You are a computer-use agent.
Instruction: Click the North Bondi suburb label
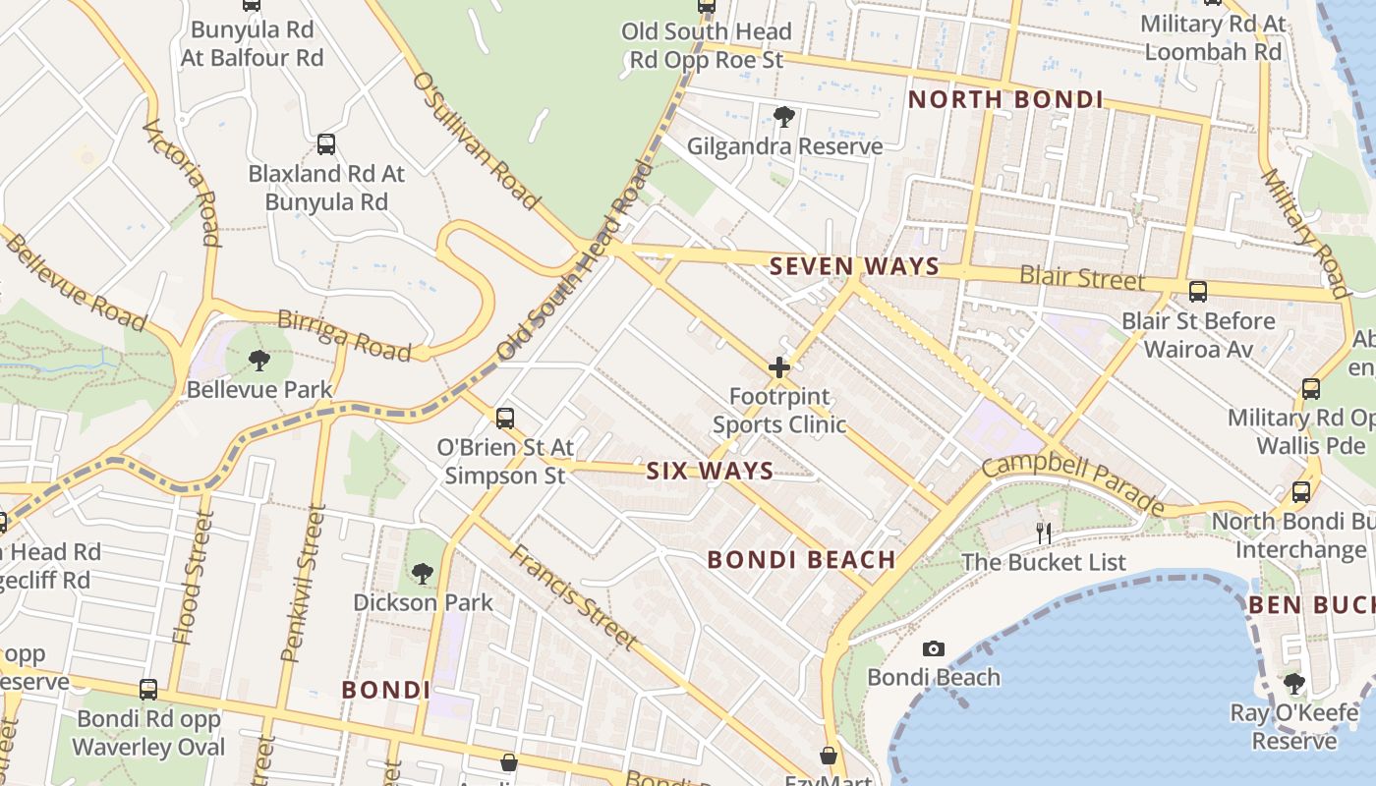pyautogui.click(x=1004, y=99)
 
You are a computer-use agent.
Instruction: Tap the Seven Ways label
pyautogui.click(x=854, y=266)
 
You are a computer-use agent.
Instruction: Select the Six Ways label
pyautogui.click(x=710, y=472)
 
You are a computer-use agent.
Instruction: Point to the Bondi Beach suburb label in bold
pyautogui.click(x=801, y=560)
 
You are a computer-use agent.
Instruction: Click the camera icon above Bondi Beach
pyautogui.click(x=934, y=648)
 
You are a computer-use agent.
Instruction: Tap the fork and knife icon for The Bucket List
pyautogui.click(x=1044, y=533)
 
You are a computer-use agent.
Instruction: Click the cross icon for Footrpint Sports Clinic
pyautogui.click(x=779, y=368)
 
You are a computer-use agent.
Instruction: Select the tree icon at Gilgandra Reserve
pyautogui.click(x=784, y=118)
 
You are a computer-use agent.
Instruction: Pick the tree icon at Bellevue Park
pyautogui.click(x=259, y=361)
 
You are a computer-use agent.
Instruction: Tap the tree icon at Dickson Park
pyautogui.click(x=423, y=573)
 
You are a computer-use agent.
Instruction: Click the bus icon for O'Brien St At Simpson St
pyautogui.click(x=505, y=419)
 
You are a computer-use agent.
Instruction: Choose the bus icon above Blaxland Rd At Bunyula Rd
pyautogui.click(x=326, y=144)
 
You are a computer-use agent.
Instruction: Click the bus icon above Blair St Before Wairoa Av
pyautogui.click(x=1198, y=292)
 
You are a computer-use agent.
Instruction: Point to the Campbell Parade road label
pyautogui.click(x=1072, y=482)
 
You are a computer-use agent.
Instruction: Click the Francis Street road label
pyautogui.click(x=573, y=596)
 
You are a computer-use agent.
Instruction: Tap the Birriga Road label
pyautogui.click(x=343, y=335)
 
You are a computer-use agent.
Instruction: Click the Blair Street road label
pyautogui.click(x=1081, y=278)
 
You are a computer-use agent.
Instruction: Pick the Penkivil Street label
pyautogui.click(x=304, y=584)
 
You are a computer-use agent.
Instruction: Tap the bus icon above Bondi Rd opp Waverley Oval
pyautogui.click(x=148, y=690)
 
